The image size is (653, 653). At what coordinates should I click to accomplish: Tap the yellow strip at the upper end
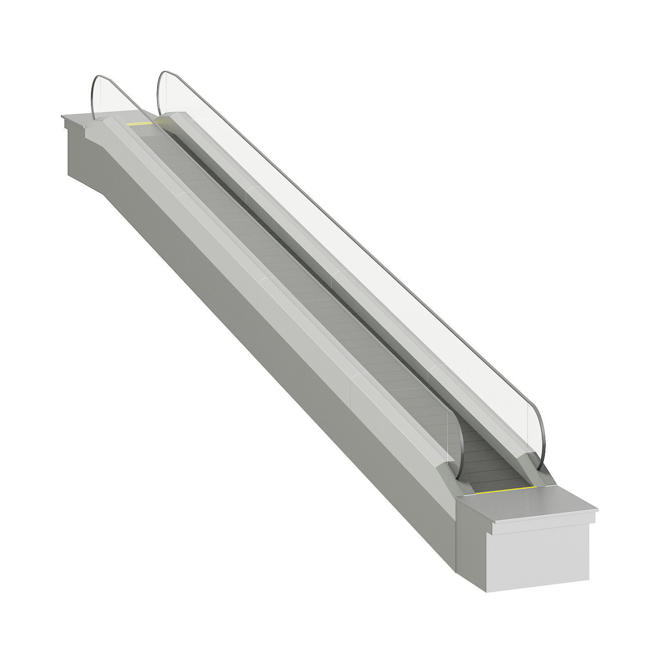point(139,123)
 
